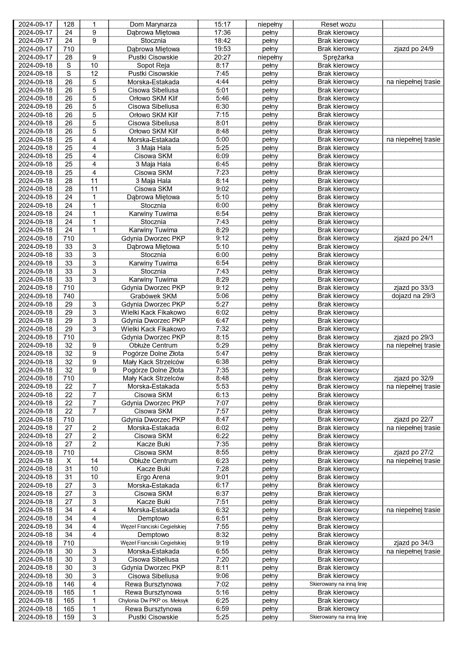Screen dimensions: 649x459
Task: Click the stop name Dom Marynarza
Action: (x=153, y=24)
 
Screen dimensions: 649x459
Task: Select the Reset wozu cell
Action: (x=338, y=24)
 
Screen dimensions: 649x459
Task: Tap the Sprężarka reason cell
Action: (x=338, y=57)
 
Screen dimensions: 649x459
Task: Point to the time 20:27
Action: (x=222, y=57)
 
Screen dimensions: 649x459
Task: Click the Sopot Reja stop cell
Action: (x=153, y=65)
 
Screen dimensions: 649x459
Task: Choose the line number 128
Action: (x=69, y=24)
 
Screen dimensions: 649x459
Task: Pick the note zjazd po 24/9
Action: (x=413, y=49)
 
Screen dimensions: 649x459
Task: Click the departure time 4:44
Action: (x=222, y=82)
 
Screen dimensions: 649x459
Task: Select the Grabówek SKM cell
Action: (x=153, y=296)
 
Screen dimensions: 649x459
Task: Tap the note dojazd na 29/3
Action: (x=413, y=296)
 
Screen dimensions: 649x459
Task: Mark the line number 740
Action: (x=69, y=296)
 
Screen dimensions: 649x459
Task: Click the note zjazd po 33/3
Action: (x=413, y=288)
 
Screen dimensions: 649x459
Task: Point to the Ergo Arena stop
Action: (x=153, y=477)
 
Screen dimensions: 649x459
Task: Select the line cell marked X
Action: (x=69, y=461)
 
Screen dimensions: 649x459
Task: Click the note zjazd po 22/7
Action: (x=413, y=420)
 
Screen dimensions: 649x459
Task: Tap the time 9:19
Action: (x=222, y=543)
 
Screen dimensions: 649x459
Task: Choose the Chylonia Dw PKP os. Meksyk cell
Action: (x=153, y=601)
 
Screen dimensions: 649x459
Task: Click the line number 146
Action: (x=69, y=584)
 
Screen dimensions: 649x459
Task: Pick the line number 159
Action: (x=69, y=617)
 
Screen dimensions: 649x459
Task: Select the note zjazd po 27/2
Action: (x=413, y=453)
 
